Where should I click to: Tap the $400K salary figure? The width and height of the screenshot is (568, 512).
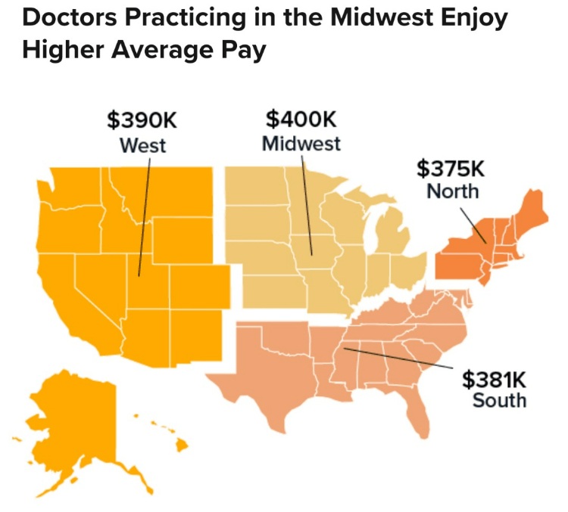(301, 119)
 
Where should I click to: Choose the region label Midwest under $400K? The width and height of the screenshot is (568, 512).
(301, 143)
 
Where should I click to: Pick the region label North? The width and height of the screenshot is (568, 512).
(453, 191)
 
